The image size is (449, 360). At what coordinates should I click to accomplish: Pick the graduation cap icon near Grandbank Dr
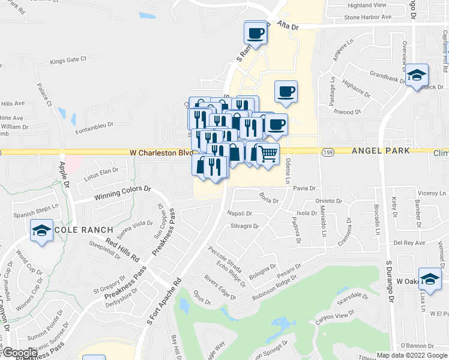pos(417,76)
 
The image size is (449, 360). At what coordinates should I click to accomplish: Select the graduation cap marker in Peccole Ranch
pos(41,230)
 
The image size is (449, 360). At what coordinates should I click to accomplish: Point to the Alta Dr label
pos(288,26)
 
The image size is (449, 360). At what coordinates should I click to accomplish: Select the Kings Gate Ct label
pos(68,60)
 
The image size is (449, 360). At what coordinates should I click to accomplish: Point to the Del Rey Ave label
pos(409,243)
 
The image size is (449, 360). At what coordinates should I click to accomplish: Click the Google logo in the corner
pos(20,353)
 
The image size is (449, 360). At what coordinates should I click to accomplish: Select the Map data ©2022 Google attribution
pos(412,355)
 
